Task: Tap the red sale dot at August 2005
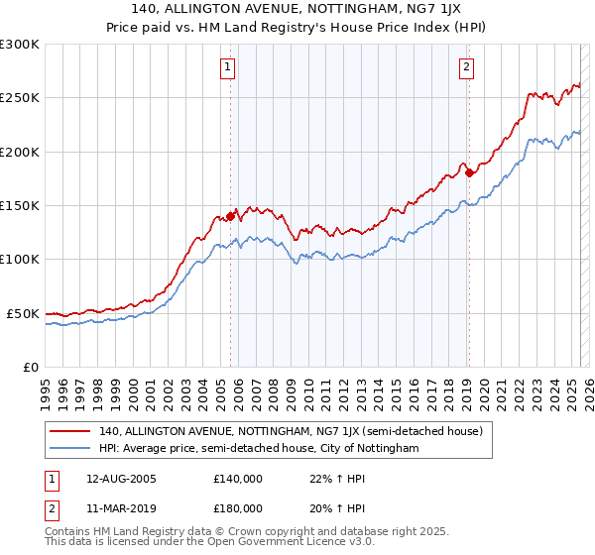coord(231,215)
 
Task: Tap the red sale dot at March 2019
coord(469,172)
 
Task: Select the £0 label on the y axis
coord(30,367)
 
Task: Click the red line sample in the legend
coord(70,431)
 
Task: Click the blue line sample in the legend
coord(70,449)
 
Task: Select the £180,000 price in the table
coord(238,507)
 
